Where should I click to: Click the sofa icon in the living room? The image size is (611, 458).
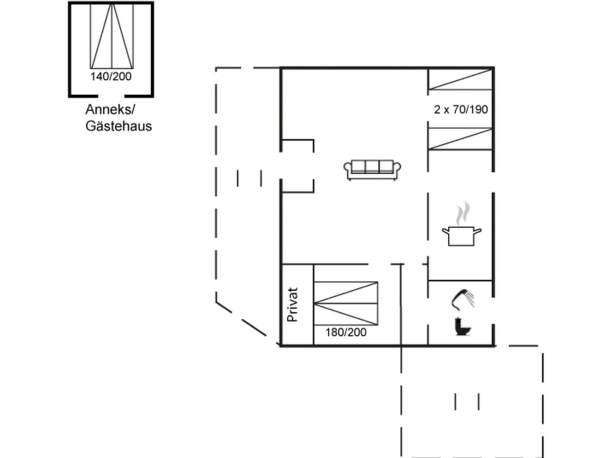[372, 170]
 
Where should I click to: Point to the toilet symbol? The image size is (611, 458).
[462, 327]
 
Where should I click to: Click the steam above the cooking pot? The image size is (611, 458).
[462, 213]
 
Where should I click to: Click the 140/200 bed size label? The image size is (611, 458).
[111, 77]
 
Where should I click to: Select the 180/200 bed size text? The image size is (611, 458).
[346, 332]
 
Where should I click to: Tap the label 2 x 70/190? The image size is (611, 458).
[461, 109]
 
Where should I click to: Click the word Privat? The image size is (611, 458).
[292, 304]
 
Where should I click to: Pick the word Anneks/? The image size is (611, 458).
[110, 110]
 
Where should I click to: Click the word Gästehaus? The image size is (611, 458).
[118, 126]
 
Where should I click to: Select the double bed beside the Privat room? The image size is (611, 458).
[346, 303]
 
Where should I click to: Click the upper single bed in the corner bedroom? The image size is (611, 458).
[460, 79]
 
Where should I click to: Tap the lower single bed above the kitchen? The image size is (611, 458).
[460, 139]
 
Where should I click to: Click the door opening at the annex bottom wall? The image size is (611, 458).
[111, 96]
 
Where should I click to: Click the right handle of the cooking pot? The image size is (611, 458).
[477, 231]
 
